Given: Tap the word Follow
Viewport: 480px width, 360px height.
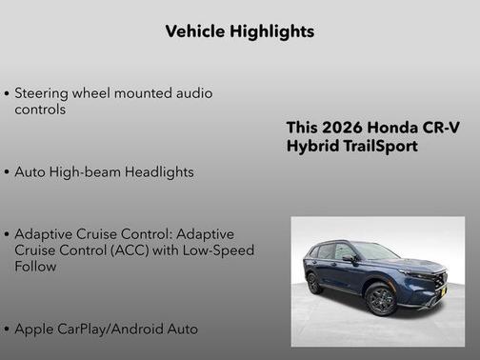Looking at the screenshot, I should tap(35, 267).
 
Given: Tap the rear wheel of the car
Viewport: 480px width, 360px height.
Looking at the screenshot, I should tap(313, 283).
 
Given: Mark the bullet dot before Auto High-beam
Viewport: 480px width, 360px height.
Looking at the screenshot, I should tap(8, 173).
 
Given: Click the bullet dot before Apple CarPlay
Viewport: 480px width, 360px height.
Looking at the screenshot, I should tap(8, 330).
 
